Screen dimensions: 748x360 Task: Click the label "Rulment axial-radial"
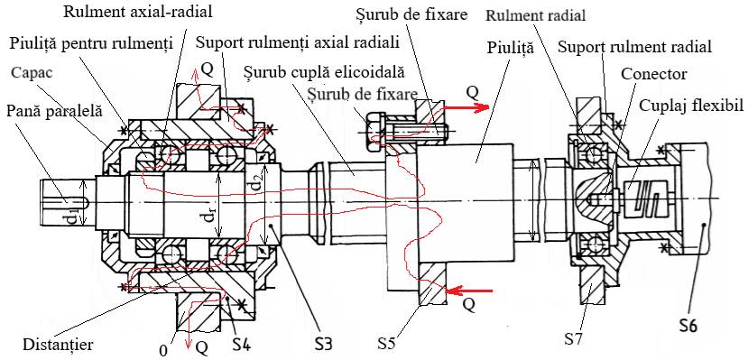[x=138, y=12]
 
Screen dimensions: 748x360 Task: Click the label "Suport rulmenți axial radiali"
[x=298, y=44]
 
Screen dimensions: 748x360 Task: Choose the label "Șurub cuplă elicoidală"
[x=323, y=73]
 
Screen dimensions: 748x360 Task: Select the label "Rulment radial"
[x=536, y=15]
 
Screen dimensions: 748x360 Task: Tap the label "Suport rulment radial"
[x=634, y=47]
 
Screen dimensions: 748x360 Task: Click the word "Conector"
[x=654, y=74]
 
